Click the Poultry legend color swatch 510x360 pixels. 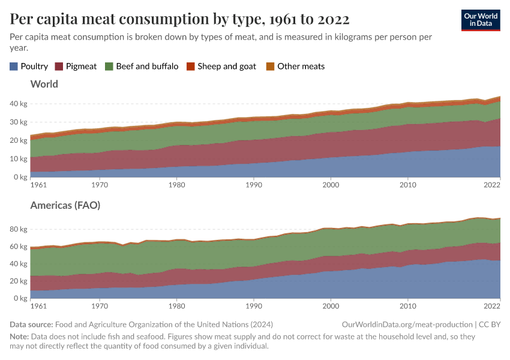point(14,66)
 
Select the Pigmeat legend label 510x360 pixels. point(80,66)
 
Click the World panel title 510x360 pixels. point(44,84)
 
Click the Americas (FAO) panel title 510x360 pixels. point(65,205)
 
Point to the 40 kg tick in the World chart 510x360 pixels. point(19,104)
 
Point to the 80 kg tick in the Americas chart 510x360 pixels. point(19,229)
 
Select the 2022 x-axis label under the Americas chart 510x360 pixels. point(492,307)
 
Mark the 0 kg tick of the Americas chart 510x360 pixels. point(20,298)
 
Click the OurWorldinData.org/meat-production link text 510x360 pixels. point(406,324)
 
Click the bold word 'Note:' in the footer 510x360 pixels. point(20,337)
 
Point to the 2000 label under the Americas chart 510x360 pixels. point(331,307)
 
